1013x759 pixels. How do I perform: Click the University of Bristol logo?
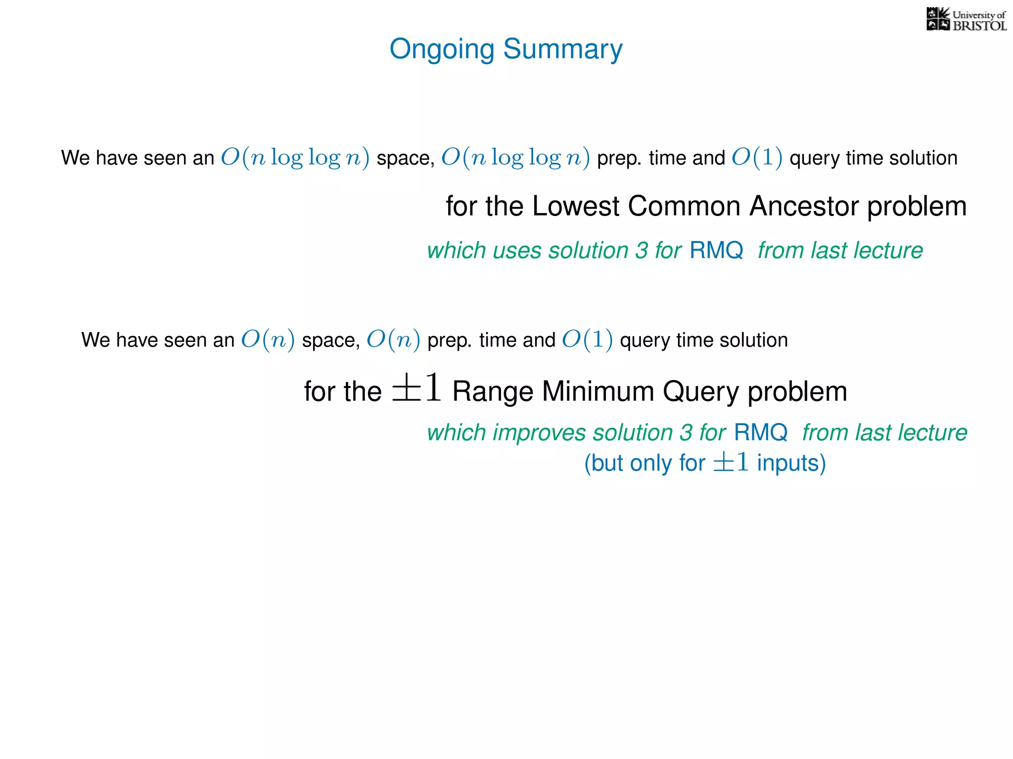966,20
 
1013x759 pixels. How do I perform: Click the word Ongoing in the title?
442,49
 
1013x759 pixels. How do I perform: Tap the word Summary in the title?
562,49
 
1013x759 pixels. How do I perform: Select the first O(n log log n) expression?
295,158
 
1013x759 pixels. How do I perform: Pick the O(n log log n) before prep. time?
515,158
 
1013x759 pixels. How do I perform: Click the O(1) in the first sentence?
757,158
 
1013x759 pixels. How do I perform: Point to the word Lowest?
576,206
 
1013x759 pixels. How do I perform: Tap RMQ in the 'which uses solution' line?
716,250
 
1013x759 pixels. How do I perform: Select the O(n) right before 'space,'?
268,340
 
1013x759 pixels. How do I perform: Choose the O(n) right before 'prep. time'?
393,340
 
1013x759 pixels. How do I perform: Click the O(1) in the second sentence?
587,340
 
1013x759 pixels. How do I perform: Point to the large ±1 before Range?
416,388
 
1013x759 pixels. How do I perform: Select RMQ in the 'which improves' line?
760,432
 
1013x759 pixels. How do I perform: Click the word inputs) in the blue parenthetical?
791,463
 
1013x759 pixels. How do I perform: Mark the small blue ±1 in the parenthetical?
731,463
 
